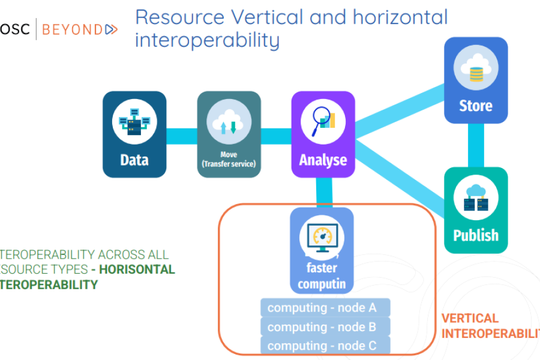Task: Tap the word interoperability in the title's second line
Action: click(207, 40)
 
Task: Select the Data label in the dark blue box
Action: click(134, 160)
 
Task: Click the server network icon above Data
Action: click(134, 121)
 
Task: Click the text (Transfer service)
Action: click(229, 164)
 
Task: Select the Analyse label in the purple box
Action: click(323, 160)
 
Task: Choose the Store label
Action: click(476, 106)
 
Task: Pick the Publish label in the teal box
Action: click(476, 235)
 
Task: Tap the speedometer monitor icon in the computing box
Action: click(322, 237)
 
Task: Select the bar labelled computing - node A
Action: click(325, 308)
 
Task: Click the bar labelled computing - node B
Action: click(325, 327)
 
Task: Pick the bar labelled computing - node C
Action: click(325, 346)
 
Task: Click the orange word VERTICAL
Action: click(470, 319)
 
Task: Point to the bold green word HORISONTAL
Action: click(137, 269)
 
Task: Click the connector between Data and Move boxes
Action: click(182, 136)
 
